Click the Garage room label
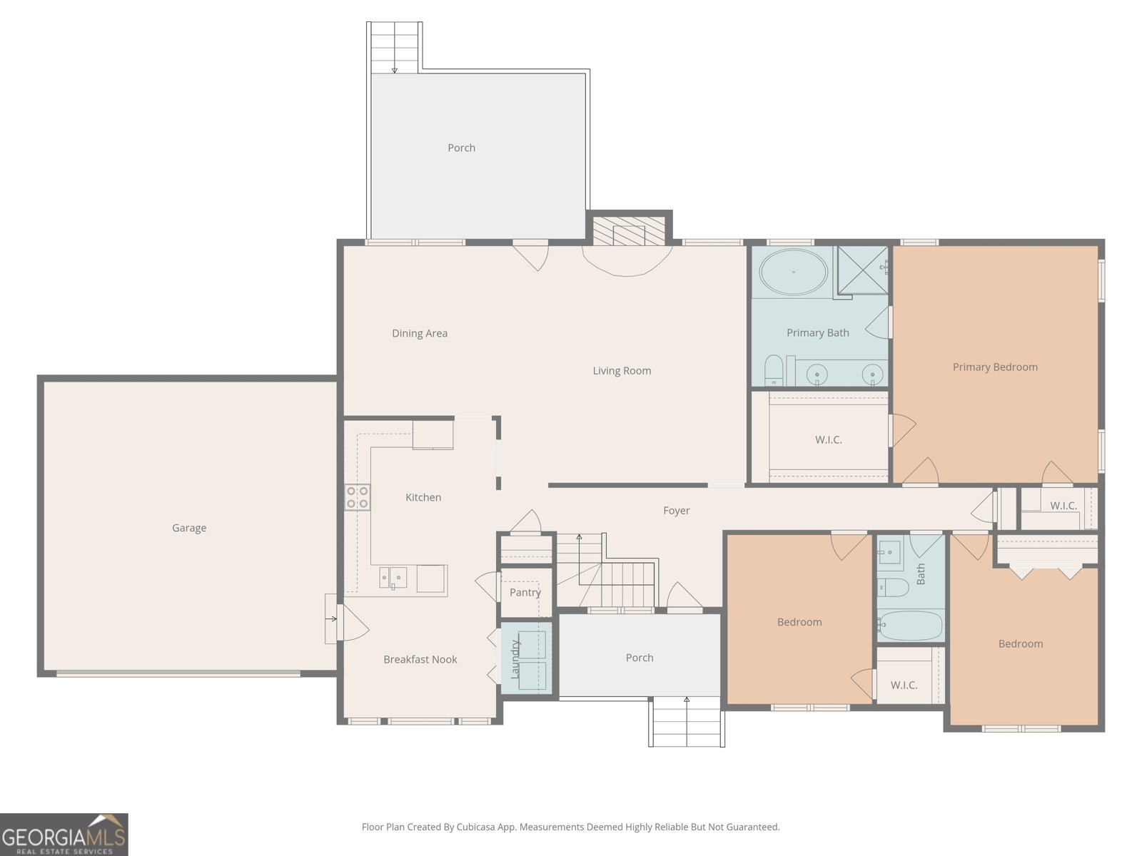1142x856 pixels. click(189, 528)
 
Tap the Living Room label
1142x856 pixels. click(622, 370)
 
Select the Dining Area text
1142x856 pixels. click(420, 333)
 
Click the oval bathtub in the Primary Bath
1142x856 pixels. click(793, 272)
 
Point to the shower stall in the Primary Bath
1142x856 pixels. click(863, 270)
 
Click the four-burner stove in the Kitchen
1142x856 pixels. click(358, 497)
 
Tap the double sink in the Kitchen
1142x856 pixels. click(393, 577)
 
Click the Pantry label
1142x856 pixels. click(525, 593)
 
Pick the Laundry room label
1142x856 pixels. click(515, 659)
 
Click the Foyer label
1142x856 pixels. click(677, 510)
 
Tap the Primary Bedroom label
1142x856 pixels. click(995, 367)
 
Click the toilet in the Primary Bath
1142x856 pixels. click(774, 370)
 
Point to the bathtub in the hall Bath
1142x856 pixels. click(910, 626)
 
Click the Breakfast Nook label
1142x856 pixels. click(420, 660)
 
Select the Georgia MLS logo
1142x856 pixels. click(64, 834)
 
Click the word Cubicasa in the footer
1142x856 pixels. click(477, 827)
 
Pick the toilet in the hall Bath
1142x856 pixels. click(893, 587)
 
